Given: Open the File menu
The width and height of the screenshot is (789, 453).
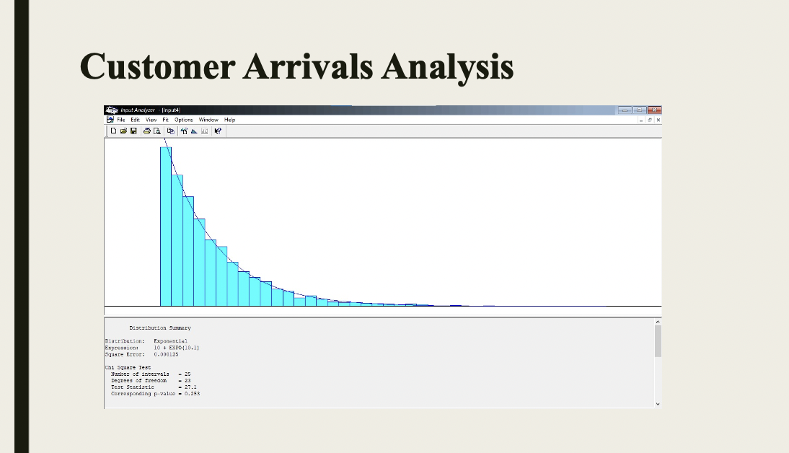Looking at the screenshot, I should pos(121,120).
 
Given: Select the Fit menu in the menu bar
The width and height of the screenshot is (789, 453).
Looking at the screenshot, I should pos(165,120).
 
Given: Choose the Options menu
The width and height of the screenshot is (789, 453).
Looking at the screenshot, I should pos(183,120).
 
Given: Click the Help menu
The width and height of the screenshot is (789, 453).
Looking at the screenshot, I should pos(229,120).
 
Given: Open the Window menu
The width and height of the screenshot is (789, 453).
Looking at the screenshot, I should pos(208,120).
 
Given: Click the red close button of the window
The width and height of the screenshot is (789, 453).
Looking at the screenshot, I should pos(654,110).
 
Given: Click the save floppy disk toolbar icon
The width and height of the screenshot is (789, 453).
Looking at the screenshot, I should pos(133,131).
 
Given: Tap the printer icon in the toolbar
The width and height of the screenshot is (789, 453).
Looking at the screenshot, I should pos(146,131).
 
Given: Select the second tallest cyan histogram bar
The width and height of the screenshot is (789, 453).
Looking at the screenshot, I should pos(177,239).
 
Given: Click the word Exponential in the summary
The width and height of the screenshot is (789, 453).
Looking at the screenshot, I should pos(170,340).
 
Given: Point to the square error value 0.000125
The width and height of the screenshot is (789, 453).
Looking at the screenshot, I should pos(167,354).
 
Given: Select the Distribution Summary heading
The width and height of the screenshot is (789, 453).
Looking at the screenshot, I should pos(160,327).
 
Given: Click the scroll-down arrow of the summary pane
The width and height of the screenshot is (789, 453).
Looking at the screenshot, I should pos(658,404).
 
